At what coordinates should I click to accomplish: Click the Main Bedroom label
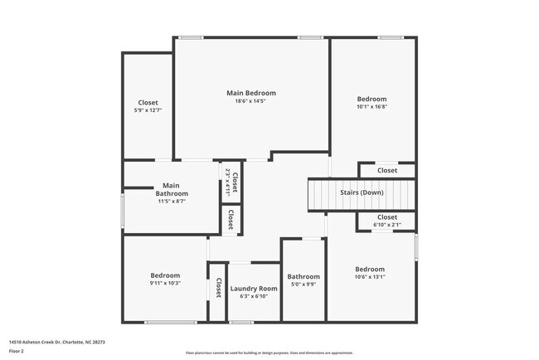coord(251,93)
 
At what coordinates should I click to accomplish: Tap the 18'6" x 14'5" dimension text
coord(251,101)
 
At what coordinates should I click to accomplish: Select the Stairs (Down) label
coord(362,192)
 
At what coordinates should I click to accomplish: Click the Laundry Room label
coord(253,289)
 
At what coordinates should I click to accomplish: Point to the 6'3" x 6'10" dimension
coord(253,296)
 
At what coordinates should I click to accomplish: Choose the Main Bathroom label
coord(172,189)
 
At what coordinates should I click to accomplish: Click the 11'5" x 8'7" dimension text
coord(172,201)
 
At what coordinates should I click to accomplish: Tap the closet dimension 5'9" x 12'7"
coord(148,109)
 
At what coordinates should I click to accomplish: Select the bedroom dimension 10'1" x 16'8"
coord(372,105)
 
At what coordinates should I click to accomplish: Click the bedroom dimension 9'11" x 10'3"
coord(165,283)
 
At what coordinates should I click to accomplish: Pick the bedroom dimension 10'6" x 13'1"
coord(370,277)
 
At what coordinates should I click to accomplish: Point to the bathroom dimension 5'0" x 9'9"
coord(303,284)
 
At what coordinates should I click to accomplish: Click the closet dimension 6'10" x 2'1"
coord(386,225)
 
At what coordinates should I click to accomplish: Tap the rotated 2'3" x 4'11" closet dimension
coord(227,182)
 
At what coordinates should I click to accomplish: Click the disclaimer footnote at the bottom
coord(269,353)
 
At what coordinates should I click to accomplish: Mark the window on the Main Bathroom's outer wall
coord(124,212)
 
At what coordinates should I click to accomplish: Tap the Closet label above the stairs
coord(387,170)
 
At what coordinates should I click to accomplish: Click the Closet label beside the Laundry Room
coord(218,288)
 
